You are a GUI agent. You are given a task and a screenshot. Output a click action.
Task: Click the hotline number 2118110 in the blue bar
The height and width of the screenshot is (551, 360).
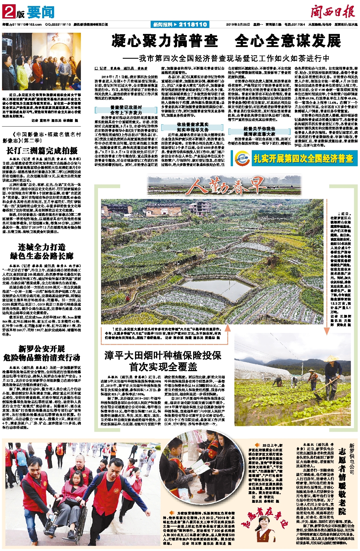(x=193, y=25)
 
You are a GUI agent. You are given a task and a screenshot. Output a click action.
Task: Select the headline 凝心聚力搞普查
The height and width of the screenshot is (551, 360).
(x=165, y=41)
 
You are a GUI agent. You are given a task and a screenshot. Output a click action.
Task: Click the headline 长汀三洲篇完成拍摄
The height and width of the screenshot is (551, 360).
(x=42, y=151)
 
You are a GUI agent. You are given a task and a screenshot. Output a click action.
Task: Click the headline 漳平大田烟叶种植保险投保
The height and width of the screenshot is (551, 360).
(x=163, y=355)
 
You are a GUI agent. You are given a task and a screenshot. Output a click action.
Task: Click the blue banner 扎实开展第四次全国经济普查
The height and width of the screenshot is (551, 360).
(x=303, y=158)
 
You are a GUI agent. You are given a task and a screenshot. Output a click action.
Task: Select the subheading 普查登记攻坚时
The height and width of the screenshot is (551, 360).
(x=126, y=107)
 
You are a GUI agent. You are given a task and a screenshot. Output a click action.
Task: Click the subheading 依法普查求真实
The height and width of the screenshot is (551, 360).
(x=193, y=124)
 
